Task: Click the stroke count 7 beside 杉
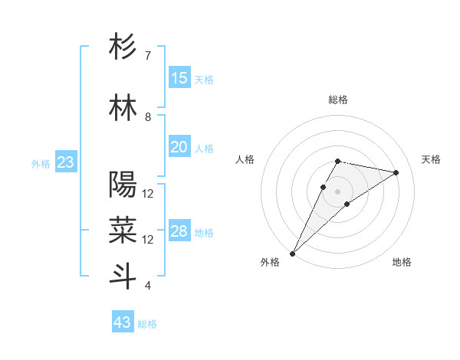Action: pyautogui.click(x=147, y=56)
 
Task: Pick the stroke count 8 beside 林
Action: pyautogui.click(x=147, y=117)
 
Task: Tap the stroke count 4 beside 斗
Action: pyautogui.click(x=147, y=286)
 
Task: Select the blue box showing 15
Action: pyautogui.click(x=179, y=78)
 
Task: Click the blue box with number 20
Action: pyautogui.click(x=179, y=147)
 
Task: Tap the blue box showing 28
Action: pyautogui.click(x=179, y=231)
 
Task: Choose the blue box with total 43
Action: pyautogui.click(x=123, y=322)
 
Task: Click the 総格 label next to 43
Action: pyautogui.click(x=147, y=324)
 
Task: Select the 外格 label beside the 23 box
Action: pyautogui.click(x=40, y=164)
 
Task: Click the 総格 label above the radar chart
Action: pyautogui.click(x=337, y=100)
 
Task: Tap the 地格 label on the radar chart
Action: pyautogui.click(x=402, y=263)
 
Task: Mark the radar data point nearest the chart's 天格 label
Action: pyautogui.click(x=396, y=172)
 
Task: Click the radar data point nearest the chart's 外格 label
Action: pyautogui.click(x=292, y=253)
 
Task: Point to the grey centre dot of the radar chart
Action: pyautogui.click(x=337, y=190)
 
